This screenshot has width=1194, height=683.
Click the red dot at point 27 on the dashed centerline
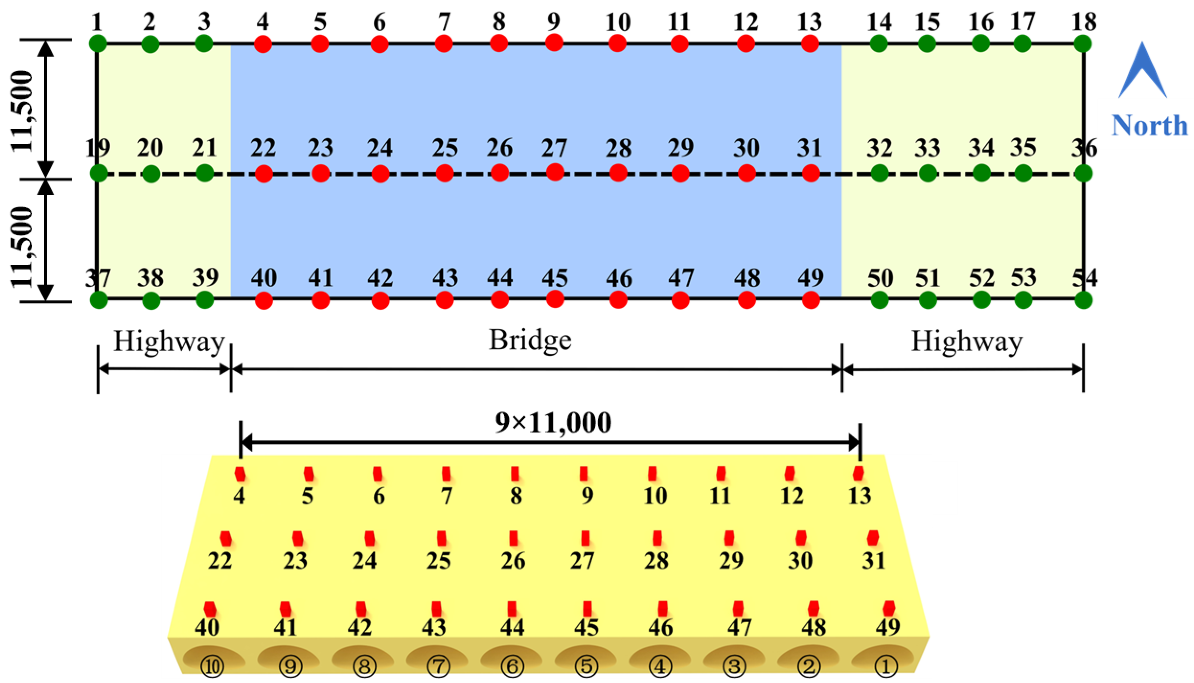pos(555,172)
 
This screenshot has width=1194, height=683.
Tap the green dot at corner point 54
pos(1083,300)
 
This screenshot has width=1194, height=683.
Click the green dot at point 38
pos(151,300)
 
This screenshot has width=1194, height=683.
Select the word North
pos(1149,126)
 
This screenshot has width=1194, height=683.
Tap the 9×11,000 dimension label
pos(553,423)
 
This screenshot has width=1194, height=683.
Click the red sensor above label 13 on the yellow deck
pos(858,474)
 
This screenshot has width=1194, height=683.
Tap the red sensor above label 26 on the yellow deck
pos(514,538)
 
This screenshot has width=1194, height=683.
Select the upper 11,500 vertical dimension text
pos(22,111)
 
